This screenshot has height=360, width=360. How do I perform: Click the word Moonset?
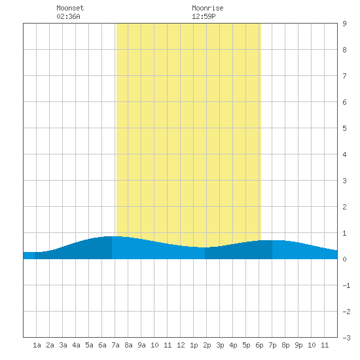coord(70,8)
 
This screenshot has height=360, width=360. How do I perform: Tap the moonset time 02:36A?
coord(68,16)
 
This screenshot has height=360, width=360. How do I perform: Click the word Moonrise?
coord(207,8)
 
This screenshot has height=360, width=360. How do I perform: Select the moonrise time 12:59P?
coord(204,16)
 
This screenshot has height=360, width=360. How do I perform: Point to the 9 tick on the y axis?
coord(344,24)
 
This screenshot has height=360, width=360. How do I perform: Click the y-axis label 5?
coord(344,128)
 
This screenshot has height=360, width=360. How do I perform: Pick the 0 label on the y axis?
coord(344,259)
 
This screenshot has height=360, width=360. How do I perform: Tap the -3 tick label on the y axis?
coord(346,338)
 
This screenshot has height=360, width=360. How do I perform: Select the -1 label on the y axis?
coord(346,285)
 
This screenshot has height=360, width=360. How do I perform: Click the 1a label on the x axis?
coord(37,345)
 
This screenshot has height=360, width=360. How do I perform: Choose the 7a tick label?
coord(115,345)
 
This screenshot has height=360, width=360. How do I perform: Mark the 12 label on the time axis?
coord(181,345)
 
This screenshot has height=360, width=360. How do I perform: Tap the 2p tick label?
coord(207,345)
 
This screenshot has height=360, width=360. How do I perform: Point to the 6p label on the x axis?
coord(259,345)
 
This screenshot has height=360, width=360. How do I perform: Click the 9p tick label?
coord(298,345)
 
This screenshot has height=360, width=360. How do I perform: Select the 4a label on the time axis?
coord(76,345)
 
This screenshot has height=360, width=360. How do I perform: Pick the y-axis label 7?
coord(344,76)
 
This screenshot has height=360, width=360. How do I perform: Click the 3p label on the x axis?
coord(220,345)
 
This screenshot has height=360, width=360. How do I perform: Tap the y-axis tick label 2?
coord(344,207)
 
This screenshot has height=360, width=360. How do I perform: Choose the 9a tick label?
coord(141,345)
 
